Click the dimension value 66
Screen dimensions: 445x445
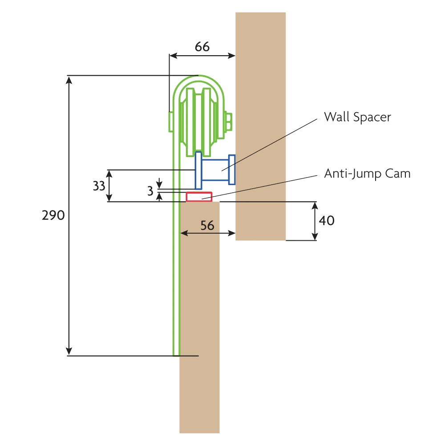[202, 47]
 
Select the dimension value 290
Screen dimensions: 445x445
[53, 215]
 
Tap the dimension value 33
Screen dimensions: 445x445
[99, 186]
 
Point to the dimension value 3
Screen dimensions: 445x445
[150, 191]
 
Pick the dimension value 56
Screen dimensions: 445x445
[207, 226]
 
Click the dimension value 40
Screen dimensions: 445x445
[327, 221]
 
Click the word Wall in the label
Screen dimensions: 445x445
[336, 117]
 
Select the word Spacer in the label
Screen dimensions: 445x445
[372, 117]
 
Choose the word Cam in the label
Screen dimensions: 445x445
[398, 174]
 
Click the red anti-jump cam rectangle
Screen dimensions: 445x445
[199, 197]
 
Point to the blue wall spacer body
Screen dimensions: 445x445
[215, 170]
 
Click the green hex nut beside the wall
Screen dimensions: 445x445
[228, 122]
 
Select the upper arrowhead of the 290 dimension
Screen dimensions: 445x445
[69, 80]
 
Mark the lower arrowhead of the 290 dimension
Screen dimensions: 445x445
[69, 351]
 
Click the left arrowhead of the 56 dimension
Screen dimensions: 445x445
[185, 233]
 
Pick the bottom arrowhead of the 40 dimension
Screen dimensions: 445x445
[315, 236]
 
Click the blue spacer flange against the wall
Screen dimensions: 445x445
[232, 170]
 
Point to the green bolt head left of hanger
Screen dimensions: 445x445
[171, 122]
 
